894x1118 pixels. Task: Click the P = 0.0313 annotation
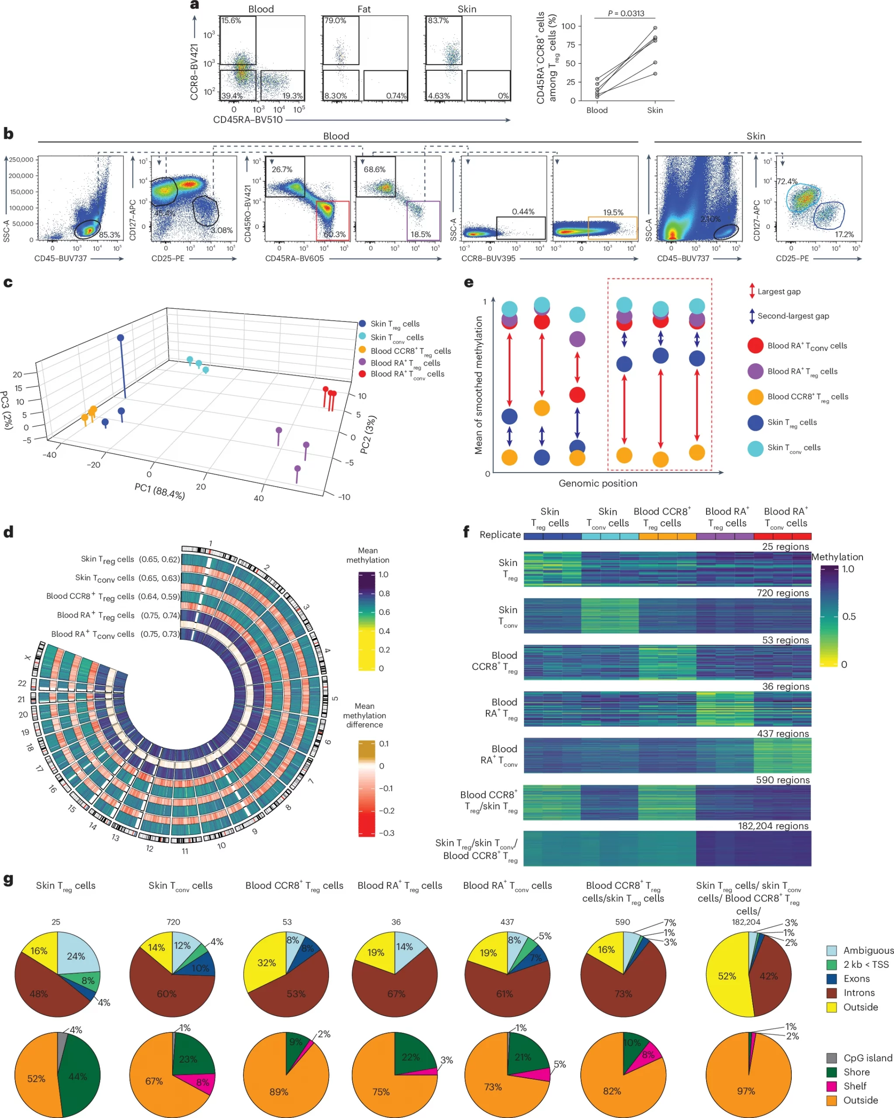tap(626, 14)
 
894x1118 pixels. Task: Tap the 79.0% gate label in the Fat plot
tap(335, 21)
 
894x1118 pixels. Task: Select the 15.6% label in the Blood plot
tap(231, 21)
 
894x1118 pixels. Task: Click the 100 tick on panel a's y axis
tap(568, 26)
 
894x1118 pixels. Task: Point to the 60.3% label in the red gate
tap(335, 235)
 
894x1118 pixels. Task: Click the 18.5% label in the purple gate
tap(420, 235)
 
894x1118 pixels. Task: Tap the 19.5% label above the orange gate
tap(613, 213)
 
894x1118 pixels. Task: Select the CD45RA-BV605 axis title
tap(294, 258)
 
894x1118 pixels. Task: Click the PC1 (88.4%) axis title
tap(159, 490)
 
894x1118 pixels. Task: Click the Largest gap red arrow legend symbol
tap(751, 291)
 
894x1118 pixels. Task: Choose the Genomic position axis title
tap(598, 483)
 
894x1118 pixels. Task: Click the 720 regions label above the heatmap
tap(783, 593)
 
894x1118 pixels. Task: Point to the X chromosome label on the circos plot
tap(28, 658)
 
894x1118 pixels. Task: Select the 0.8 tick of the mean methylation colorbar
tap(384, 593)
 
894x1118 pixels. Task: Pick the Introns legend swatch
tap(831, 993)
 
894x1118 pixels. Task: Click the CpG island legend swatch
tap(831, 1058)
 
